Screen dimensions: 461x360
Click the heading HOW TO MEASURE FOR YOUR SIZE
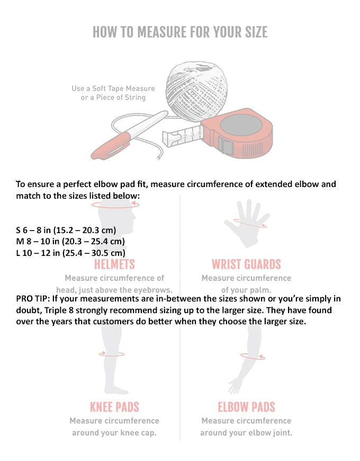coord(180,32)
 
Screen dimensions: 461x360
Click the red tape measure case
coord(238,132)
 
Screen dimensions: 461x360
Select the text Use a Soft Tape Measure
coord(113,88)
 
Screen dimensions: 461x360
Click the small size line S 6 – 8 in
coord(66,230)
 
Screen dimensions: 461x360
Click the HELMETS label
coord(114,264)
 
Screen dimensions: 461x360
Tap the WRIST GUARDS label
coord(246,264)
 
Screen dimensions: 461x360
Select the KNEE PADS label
coord(114,407)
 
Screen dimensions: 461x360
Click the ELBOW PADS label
coord(246,407)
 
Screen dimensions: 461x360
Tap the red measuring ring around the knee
coord(112,353)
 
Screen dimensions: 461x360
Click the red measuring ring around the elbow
coord(253,356)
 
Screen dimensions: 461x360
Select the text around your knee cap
coord(114,432)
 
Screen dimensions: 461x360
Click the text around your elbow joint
coord(246,432)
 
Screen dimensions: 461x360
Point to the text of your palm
coord(246,290)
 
